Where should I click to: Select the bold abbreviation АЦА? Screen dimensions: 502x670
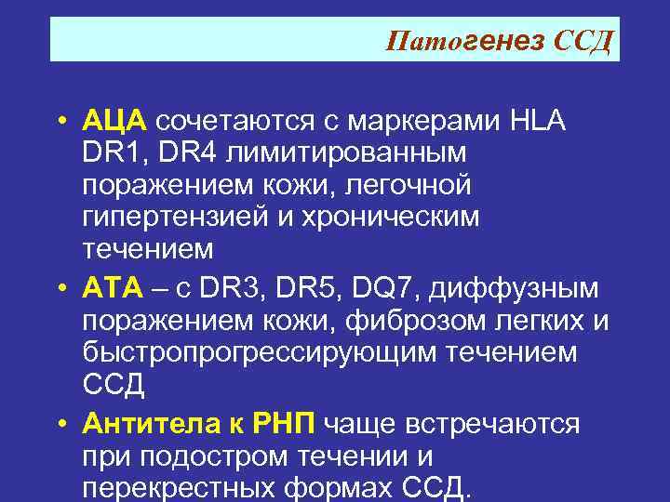(114, 121)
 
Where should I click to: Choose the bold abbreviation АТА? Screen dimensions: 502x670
(113, 289)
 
